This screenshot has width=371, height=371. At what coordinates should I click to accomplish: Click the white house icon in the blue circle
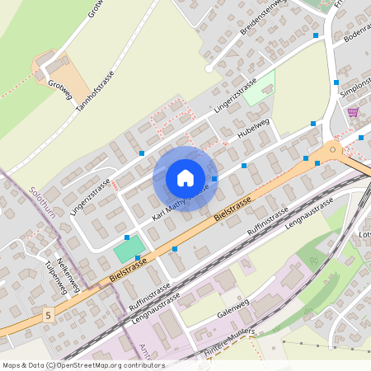point(185,178)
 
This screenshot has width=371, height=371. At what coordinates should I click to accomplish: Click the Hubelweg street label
point(253,128)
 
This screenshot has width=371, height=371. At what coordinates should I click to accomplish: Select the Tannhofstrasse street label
point(95,91)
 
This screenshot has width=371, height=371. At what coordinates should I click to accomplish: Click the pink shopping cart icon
point(353,112)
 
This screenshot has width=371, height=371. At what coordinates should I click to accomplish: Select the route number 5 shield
point(49,315)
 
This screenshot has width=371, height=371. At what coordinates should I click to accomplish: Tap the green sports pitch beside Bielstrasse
point(128,248)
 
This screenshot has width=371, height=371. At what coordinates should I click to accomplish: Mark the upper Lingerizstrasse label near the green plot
point(234,97)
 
